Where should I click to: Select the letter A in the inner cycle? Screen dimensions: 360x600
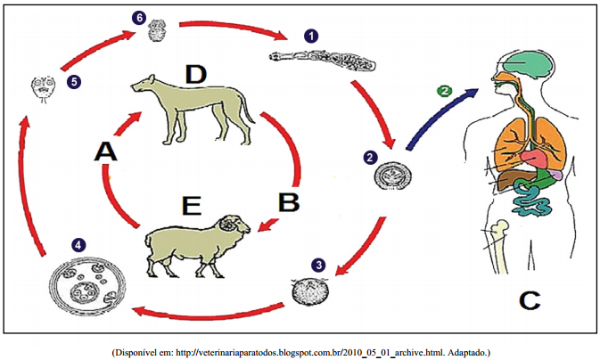point(106,152)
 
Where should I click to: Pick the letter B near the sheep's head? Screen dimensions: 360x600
point(287,200)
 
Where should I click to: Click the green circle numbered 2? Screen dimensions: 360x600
point(443,91)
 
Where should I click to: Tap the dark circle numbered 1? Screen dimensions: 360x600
point(311,37)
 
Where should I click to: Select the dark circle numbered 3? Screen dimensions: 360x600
point(318,266)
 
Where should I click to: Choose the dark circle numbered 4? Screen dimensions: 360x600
point(79,243)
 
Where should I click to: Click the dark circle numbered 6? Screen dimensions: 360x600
point(138,18)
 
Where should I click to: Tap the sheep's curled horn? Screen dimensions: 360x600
point(234,227)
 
